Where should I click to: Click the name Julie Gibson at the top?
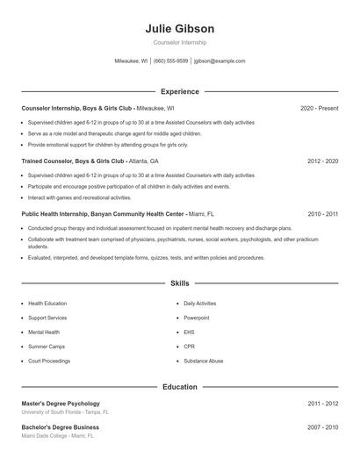(x=180, y=29)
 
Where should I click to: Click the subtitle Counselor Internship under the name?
(x=180, y=42)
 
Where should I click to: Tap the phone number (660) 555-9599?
(x=170, y=61)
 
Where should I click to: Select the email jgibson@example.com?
(x=220, y=61)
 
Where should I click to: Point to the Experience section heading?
(x=180, y=91)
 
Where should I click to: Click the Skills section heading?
(x=180, y=283)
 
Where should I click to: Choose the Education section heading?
(x=180, y=386)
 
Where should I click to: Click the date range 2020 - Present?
(x=319, y=108)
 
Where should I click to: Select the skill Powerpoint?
(x=197, y=318)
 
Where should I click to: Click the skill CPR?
(x=189, y=347)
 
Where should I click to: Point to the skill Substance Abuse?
(x=203, y=361)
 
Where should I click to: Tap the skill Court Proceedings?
(x=50, y=361)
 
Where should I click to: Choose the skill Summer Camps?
(x=47, y=347)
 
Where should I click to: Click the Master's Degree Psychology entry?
(x=61, y=404)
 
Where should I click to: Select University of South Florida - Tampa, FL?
(x=65, y=411)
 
